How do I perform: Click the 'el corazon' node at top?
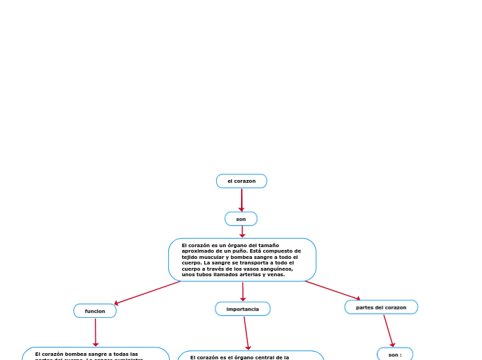[x=241, y=181]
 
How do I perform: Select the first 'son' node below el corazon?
[x=241, y=219]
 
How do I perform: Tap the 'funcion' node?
[x=95, y=311]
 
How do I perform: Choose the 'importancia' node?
[x=242, y=309]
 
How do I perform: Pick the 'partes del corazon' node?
[x=381, y=307]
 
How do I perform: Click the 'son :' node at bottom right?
[x=395, y=354]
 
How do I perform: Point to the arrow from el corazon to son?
[x=241, y=199]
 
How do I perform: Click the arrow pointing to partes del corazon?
[x=332, y=290]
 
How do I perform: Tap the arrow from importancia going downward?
[x=246, y=333]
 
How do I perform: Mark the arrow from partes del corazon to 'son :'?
[x=389, y=331]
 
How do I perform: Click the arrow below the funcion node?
[x=96, y=332]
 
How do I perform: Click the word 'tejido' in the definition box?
[x=190, y=257]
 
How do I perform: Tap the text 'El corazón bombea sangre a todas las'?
[x=87, y=354]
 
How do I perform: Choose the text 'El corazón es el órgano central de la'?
[x=240, y=357]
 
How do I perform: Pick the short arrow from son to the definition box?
[x=242, y=232]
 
